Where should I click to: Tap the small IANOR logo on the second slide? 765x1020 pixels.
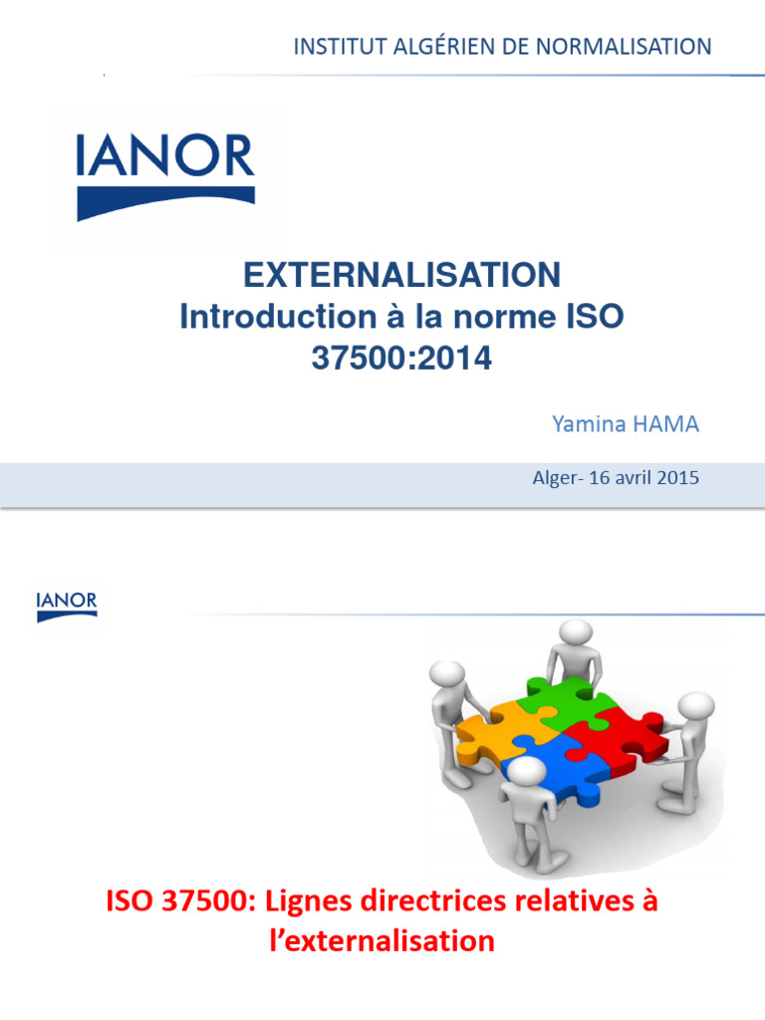[67, 606]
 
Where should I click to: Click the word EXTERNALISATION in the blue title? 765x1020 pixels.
[402, 275]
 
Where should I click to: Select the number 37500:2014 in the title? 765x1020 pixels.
[401, 359]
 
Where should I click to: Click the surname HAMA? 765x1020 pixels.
[666, 424]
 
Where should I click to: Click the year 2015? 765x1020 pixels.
[678, 478]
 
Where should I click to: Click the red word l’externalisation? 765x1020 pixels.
[382, 940]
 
